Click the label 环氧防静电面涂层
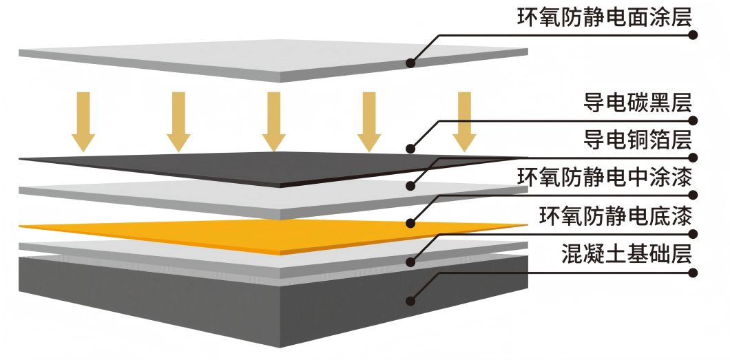[x=604, y=17]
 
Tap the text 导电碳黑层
[x=633, y=103]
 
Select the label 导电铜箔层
[x=633, y=141]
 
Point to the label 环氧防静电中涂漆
[x=604, y=179]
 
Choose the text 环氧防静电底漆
[x=614, y=217]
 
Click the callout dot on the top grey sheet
[x=410, y=63]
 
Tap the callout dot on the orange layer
[x=410, y=223]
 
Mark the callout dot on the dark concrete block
[x=410, y=300]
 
